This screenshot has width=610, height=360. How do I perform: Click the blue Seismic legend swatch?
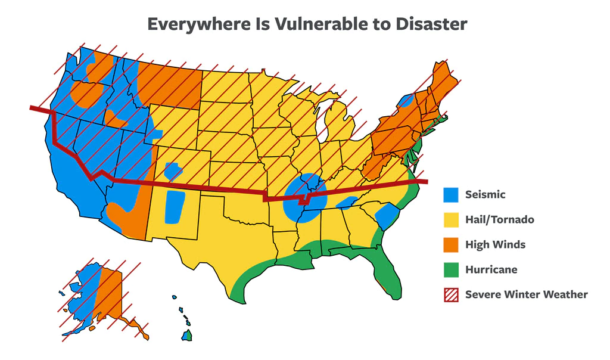click(450, 194)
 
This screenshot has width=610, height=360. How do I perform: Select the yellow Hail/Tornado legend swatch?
click(450, 219)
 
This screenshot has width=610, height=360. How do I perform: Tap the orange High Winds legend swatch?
click(450, 244)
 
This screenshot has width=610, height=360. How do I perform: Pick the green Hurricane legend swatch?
click(450, 269)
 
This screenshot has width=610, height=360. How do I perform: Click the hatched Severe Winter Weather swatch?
click(450, 294)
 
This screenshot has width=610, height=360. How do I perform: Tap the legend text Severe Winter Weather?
click(526, 294)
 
